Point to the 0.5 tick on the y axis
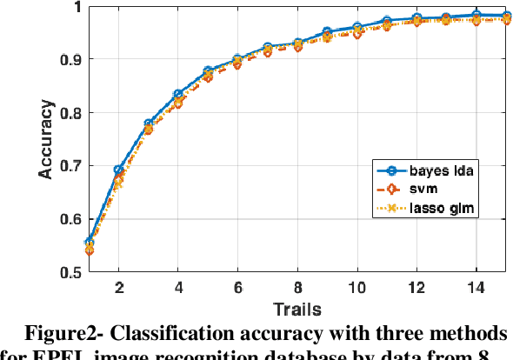(71, 272)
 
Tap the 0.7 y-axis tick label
(71, 165)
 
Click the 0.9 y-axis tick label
(71, 59)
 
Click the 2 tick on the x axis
(119, 287)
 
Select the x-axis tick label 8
(296, 287)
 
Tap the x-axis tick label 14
(475, 287)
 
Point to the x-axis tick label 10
(356, 287)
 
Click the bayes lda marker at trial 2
(119, 170)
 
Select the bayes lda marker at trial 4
(178, 94)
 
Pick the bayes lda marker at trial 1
(90, 243)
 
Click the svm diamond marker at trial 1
(90, 250)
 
